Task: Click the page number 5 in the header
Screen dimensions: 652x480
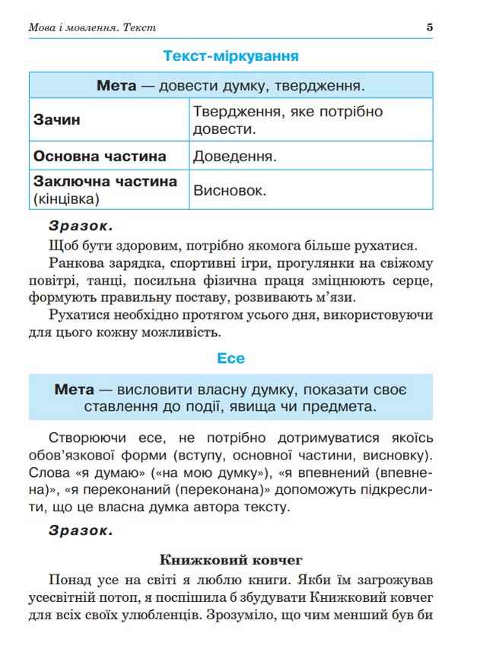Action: (430, 27)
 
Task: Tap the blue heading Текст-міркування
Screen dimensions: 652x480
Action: (230, 56)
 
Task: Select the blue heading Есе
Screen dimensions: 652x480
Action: (230, 358)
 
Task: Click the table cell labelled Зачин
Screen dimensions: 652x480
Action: (58, 120)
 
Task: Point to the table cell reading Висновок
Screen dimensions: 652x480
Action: (230, 190)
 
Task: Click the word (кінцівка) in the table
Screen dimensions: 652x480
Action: (66, 199)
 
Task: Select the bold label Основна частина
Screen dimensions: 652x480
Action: (100, 157)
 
